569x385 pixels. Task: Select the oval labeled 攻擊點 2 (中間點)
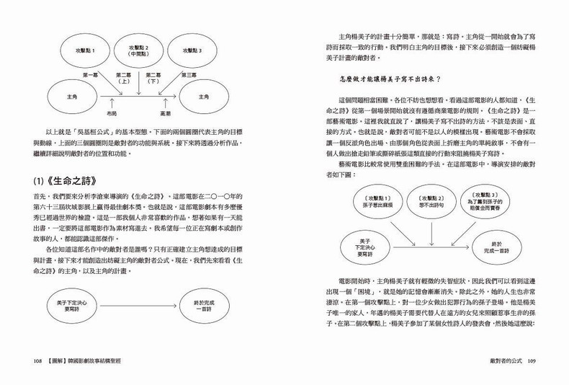146,51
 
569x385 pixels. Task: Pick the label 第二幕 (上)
123,78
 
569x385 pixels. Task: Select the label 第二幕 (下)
153,78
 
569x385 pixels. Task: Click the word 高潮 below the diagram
166,113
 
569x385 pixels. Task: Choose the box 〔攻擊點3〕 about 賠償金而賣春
488,200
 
